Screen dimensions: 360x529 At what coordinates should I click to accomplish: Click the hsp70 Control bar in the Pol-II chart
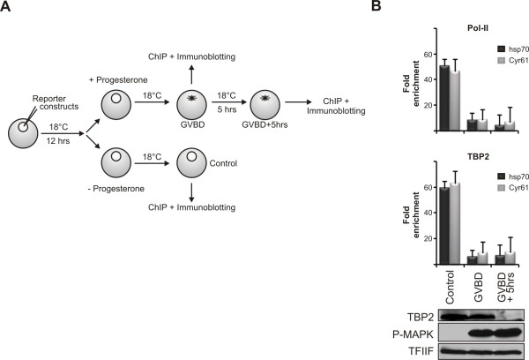(x=444, y=98)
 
